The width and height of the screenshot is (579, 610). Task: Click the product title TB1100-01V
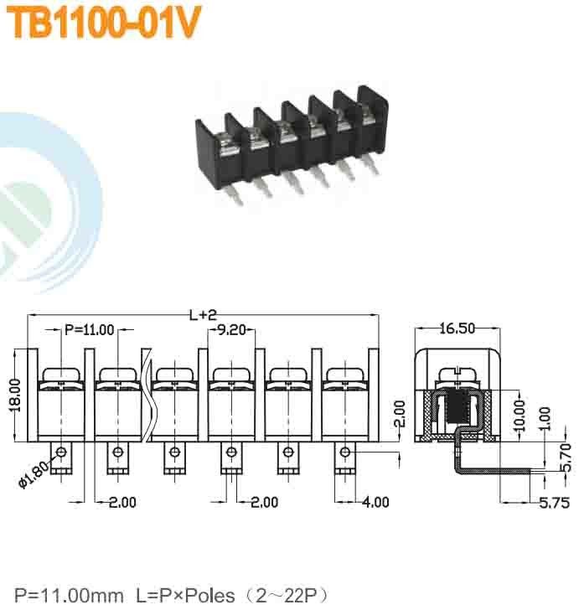[103, 24]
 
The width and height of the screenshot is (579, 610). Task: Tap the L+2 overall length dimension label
[203, 315]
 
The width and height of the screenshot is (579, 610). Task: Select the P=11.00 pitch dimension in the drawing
[89, 330]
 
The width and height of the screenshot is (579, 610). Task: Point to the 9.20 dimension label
[231, 330]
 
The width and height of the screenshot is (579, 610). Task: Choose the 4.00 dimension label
[375, 502]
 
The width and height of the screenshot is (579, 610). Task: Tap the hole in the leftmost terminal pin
[62, 453]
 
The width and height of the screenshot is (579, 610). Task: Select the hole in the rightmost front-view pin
[344, 453]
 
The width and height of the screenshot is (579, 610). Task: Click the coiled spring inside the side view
[458, 409]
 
